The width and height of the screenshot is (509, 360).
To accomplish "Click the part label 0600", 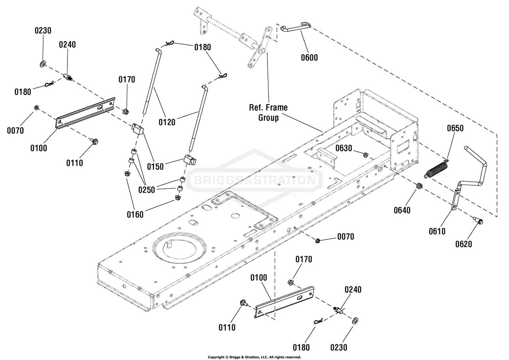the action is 309,57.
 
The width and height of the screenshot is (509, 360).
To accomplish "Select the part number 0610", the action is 437,231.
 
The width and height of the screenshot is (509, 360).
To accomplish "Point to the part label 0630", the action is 344,148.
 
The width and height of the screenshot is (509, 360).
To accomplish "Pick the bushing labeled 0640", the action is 420,186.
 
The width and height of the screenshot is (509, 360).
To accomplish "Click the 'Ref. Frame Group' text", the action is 268,113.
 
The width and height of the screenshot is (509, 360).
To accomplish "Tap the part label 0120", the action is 167,122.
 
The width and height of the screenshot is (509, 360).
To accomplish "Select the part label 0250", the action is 147,190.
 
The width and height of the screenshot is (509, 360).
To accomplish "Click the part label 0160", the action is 135,214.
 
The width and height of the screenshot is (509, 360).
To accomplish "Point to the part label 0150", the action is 155,167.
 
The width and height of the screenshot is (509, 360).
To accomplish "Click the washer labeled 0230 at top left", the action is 42,64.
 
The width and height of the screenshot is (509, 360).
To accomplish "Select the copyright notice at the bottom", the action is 255,357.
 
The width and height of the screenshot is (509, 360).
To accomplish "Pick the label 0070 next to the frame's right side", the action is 346,237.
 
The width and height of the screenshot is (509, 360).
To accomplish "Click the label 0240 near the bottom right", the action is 353,290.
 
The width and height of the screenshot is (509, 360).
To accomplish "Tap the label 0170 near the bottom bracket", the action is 304,259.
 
